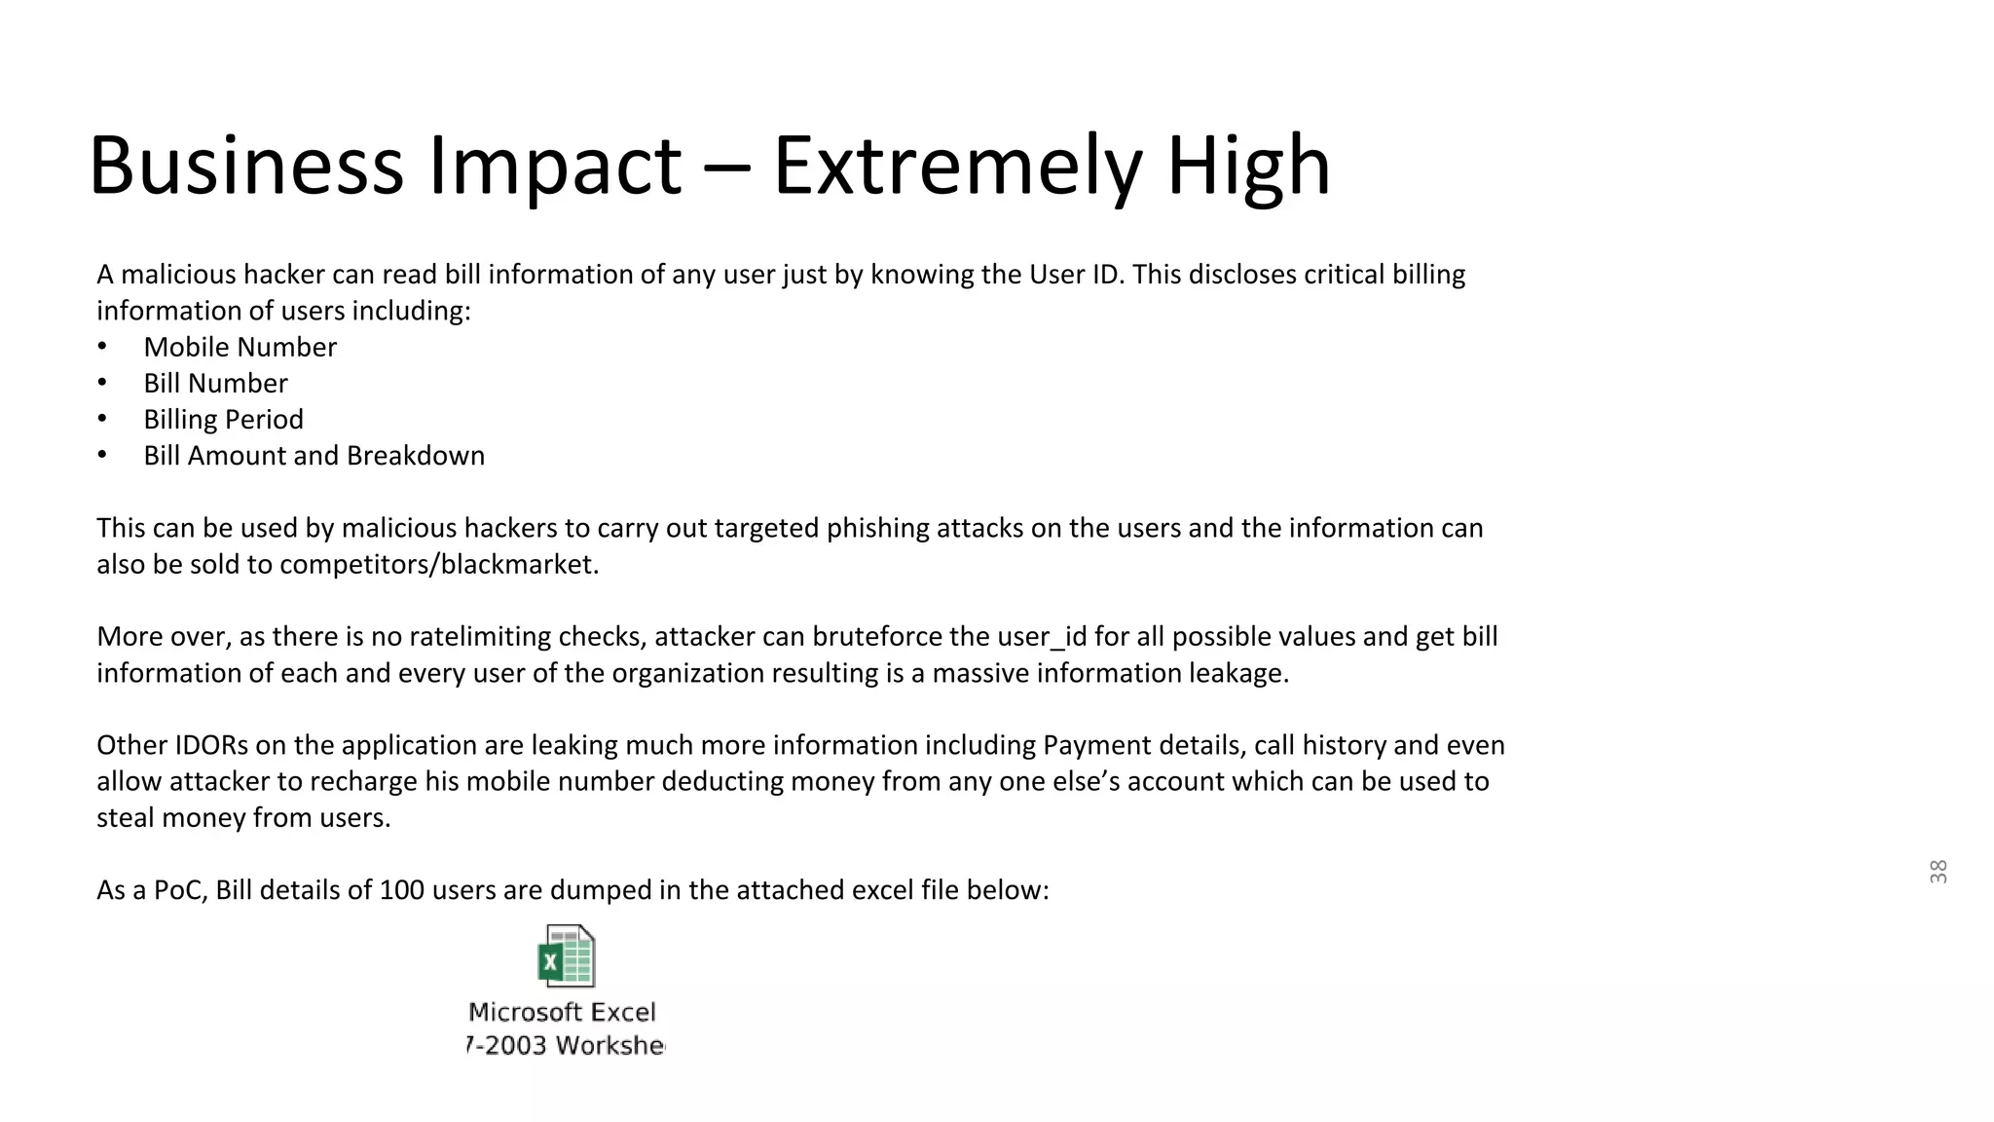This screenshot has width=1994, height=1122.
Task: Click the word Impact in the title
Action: click(x=554, y=166)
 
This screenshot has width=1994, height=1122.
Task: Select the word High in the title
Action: click(x=1248, y=166)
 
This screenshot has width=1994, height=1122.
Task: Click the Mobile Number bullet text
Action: click(x=240, y=347)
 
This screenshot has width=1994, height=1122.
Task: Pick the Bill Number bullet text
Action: click(x=215, y=383)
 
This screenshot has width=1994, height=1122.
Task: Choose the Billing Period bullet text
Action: click(x=223, y=419)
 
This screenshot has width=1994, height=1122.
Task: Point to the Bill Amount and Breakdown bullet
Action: click(x=314, y=455)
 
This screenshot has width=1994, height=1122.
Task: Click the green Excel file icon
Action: click(x=566, y=956)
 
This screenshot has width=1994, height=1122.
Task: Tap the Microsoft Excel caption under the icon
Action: click(x=563, y=1013)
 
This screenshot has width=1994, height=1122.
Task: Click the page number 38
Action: click(x=1938, y=872)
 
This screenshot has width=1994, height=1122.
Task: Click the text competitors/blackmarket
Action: click(x=439, y=564)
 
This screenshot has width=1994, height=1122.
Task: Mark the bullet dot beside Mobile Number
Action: click(x=102, y=347)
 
